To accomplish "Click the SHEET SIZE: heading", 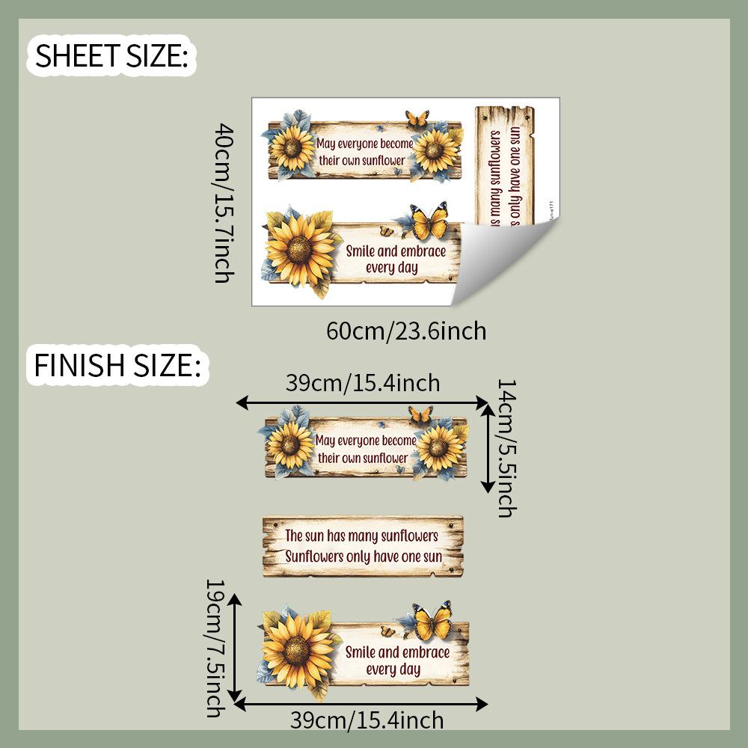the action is click(x=111, y=55).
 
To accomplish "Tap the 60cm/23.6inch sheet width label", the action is click(x=406, y=330).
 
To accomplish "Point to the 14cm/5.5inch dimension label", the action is click(x=506, y=447).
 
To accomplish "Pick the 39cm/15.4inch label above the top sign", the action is click(x=363, y=383).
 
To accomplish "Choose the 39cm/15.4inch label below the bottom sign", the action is click(x=367, y=720).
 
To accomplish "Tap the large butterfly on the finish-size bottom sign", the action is click(x=433, y=622).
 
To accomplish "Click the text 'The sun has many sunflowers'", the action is click(x=361, y=536).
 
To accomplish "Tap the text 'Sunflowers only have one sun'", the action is click(x=364, y=557).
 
